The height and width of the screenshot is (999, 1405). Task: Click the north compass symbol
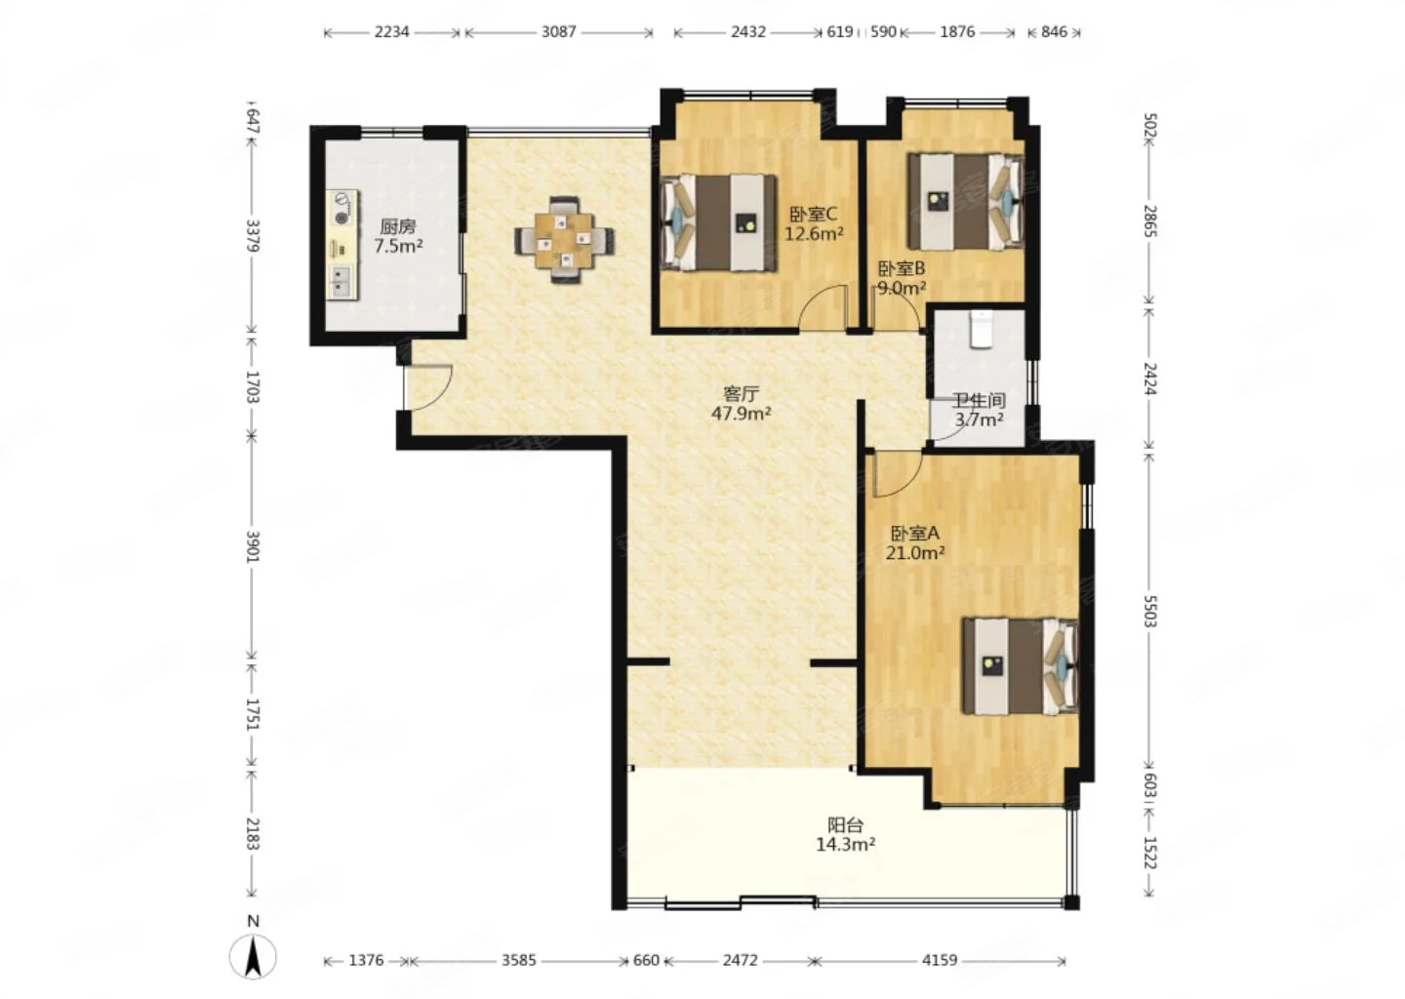(x=253, y=954)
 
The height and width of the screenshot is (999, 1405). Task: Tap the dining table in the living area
(x=564, y=240)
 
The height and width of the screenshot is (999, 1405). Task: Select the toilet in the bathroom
(x=981, y=329)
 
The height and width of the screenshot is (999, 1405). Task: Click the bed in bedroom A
(x=1021, y=666)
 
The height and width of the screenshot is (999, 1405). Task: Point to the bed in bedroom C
(x=719, y=222)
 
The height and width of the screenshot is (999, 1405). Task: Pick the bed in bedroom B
(x=966, y=201)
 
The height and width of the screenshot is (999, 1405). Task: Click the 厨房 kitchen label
(x=398, y=225)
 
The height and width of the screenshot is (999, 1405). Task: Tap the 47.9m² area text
(x=741, y=414)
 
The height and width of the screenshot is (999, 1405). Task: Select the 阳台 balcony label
(x=846, y=824)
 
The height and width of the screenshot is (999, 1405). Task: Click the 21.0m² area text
(x=915, y=553)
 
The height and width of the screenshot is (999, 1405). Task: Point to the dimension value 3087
(x=558, y=32)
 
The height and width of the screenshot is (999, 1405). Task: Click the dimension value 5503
(x=1149, y=611)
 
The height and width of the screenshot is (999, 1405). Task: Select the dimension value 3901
(x=252, y=546)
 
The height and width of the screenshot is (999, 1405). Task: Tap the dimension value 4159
(x=939, y=960)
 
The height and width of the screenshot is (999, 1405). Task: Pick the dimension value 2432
(x=747, y=32)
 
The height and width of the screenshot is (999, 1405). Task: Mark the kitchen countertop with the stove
(x=341, y=245)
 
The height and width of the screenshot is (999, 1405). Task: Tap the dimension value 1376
(x=366, y=960)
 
